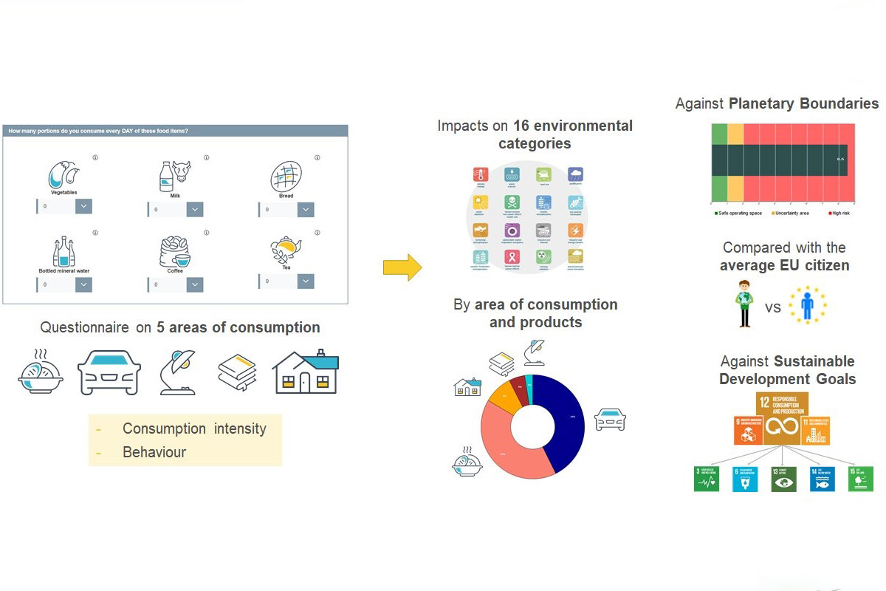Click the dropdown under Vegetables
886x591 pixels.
coord(64,206)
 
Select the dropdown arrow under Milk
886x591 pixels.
coord(195,210)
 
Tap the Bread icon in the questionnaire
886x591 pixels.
coord(286,178)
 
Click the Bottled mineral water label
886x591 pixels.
coord(63,270)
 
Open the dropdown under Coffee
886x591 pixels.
coord(176,285)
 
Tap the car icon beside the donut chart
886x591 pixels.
coord(610,419)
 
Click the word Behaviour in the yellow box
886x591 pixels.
coord(154,452)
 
